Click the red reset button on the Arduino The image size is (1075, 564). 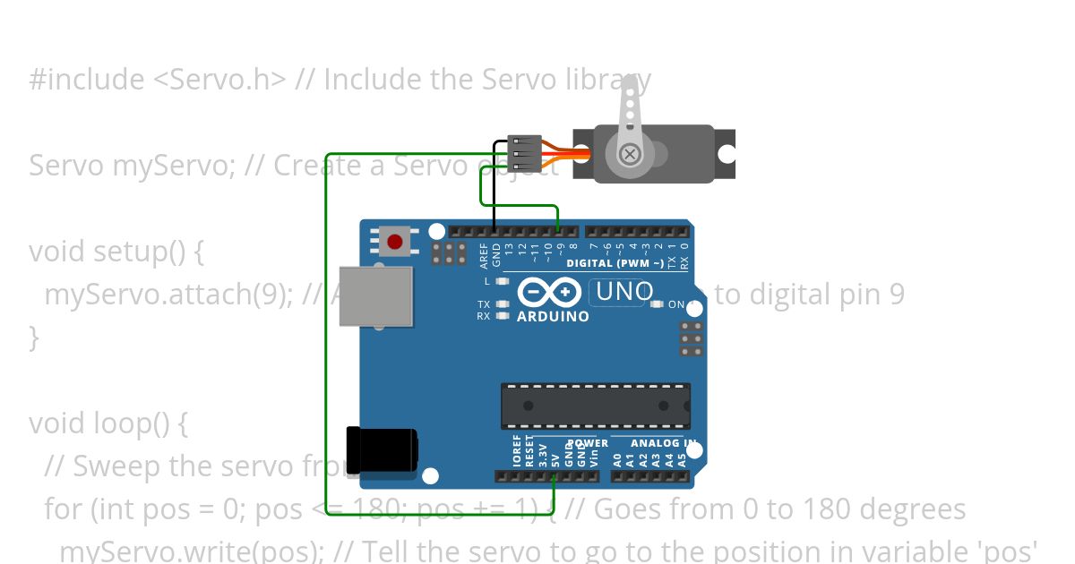pyautogui.click(x=394, y=241)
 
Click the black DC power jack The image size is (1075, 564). pyautogui.click(x=381, y=449)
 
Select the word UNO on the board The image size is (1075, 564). pyautogui.click(x=624, y=291)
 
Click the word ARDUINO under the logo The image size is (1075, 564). pyautogui.click(x=553, y=316)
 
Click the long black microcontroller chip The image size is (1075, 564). pyautogui.click(x=595, y=406)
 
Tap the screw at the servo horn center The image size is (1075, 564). pyautogui.click(x=630, y=154)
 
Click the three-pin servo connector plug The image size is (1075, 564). pyautogui.click(x=525, y=153)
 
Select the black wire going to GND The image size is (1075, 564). pyautogui.click(x=494, y=188)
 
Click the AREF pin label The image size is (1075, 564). pyautogui.click(x=484, y=256)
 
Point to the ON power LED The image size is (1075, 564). pyautogui.click(x=657, y=304)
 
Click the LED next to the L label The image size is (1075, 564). pyautogui.click(x=502, y=281)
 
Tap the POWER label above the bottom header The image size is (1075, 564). pyautogui.click(x=588, y=443)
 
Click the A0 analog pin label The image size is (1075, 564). pyautogui.click(x=617, y=460)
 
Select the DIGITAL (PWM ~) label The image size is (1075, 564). pyautogui.click(x=615, y=263)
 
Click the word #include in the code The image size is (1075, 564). pyautogui.click(x=87, y=80)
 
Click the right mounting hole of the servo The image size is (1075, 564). pyautogui.click(x=727, y=154)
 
